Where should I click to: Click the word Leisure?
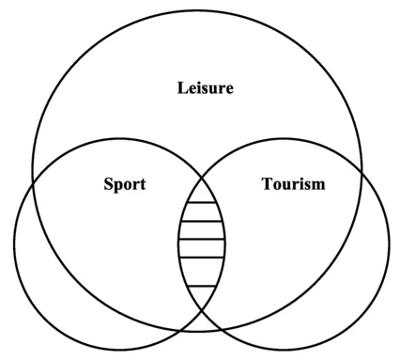(205, 89)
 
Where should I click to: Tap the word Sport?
(124, 183)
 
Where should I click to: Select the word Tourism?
(292, 183)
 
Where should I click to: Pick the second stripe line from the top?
(202, 223)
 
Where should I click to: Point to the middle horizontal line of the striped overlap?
(202, 240)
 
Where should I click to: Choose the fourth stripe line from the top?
(202, 257)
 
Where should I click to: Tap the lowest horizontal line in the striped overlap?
(202, 285)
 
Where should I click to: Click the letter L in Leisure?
(183, 89)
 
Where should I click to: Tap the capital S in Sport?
(109, 183)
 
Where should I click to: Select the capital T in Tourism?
(265, 183)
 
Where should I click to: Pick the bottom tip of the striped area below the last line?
(202, 299)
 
